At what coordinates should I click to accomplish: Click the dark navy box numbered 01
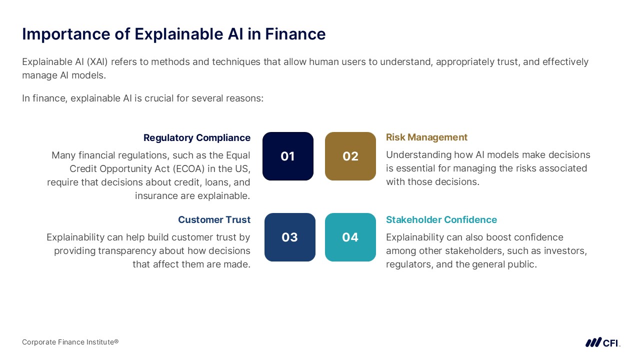click(x=287, y=156)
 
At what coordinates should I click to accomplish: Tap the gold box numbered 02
click(x=350, y=156)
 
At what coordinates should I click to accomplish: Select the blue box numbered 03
click(x=289, y=237)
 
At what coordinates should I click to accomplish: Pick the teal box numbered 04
click(x=350, y=237)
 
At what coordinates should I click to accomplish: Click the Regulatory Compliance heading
click(x=197, y=137)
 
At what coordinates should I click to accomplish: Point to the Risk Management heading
click(x=426, y=137)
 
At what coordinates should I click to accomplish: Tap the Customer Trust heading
click(x=214, y=219)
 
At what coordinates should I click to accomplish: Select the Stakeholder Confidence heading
click(x=441, y=219)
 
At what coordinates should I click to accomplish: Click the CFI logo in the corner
click(x=603, y=342)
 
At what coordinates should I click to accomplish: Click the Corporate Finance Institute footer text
click(x=70, y=342)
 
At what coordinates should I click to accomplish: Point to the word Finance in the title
click(x=295, y=34)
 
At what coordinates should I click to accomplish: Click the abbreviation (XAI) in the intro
click(x=97, y=61)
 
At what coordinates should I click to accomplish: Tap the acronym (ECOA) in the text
click(x=188, y=168)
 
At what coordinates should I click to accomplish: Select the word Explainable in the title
click(x=179, y=34)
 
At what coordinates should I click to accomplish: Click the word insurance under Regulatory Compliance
click(x=156, y=195)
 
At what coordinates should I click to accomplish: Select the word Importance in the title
click(x=66, y=34)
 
